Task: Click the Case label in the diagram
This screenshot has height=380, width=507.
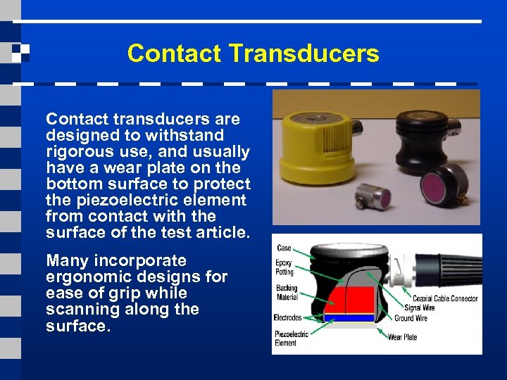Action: (x=284, y=248)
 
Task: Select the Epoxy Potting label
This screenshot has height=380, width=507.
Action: (x=283, y=267)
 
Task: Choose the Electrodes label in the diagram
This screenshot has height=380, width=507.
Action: (x=287, y=318)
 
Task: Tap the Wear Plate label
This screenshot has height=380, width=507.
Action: (x=402, y=337)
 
